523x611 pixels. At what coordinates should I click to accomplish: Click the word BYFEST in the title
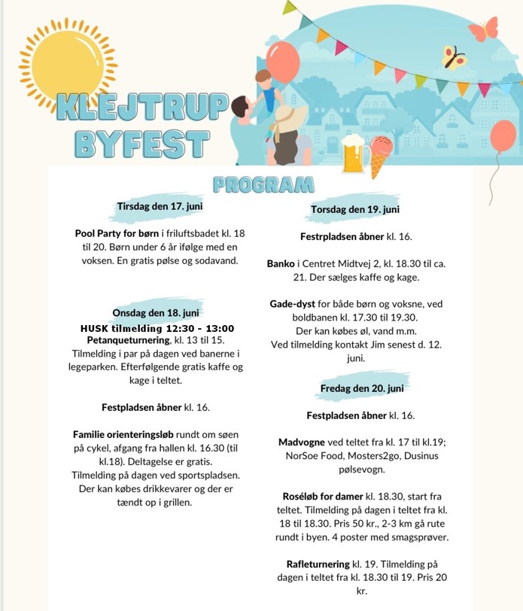(141, 143)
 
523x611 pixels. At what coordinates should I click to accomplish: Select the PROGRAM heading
(263, 184)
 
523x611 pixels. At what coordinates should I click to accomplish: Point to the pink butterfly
(482, 29)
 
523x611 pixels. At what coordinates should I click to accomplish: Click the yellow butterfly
(452, 56)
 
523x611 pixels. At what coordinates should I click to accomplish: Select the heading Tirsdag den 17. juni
(160, 205)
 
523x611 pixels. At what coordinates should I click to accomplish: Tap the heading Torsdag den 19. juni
(355, 209)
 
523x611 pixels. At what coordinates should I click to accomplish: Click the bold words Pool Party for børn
(117, 233)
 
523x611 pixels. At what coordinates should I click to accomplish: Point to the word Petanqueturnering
(129, 341)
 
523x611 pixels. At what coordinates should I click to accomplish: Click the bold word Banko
(281, 264)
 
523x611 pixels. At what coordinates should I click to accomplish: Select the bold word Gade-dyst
(294, 305)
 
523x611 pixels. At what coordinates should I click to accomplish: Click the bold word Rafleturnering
(318, 564)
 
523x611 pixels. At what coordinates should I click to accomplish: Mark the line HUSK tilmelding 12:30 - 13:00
(157, 328)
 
